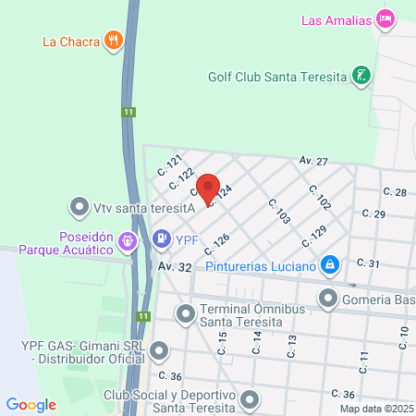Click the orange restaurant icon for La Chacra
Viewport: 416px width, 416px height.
tap(114, 40)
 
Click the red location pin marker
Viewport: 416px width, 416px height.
tap(209, 189)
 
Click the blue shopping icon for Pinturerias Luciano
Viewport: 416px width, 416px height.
tap(330, 266)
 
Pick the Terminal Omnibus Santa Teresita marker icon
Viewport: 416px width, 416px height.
tap(186, 314)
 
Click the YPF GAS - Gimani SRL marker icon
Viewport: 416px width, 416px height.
tap(160, 350)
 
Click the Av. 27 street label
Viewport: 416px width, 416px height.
tap(313, 161)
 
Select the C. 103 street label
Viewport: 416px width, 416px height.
tap(279, 212)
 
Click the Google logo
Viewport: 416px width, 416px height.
tap(31, 405)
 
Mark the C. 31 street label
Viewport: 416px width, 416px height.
tap(368, 263)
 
